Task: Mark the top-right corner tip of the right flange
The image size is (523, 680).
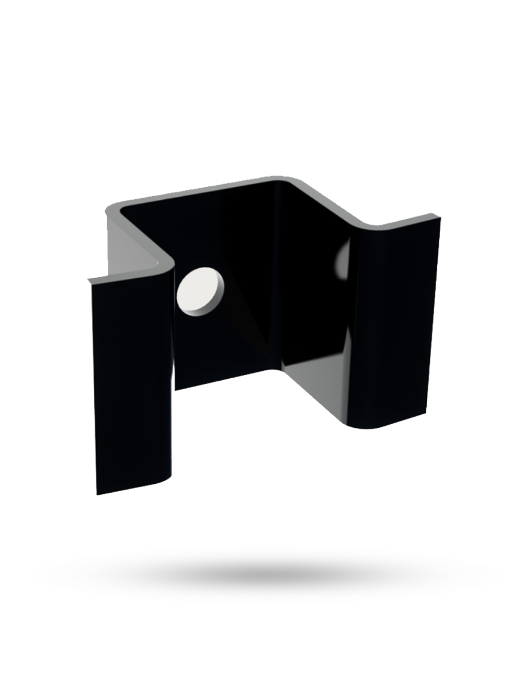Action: coord(438,216)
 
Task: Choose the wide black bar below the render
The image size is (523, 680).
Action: coord(267,573)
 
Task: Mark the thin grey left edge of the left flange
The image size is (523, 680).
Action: coord(91,387)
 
